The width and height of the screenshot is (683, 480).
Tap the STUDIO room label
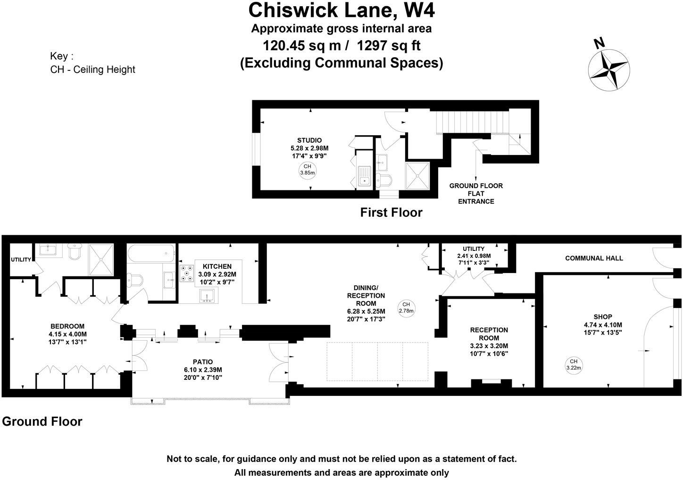309,140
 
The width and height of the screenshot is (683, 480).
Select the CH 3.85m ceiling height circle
307,170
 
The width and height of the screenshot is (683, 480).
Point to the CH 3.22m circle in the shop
573,365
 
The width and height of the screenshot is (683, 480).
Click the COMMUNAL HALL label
594,258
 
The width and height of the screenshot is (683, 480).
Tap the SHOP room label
603,317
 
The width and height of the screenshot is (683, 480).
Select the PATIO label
203,362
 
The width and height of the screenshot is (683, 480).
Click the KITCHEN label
217,266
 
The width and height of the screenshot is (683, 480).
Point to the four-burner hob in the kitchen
187,274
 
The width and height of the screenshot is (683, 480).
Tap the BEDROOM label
67,326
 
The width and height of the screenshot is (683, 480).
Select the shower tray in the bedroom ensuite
101,259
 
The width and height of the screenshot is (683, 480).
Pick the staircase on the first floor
472,122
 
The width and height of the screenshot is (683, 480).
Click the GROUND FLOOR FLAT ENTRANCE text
475,193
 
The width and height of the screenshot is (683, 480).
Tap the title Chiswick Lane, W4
341,10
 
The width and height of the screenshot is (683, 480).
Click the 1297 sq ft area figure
389,46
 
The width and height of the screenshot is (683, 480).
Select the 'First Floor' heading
391,213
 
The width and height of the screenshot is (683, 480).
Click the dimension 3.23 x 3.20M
489,346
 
